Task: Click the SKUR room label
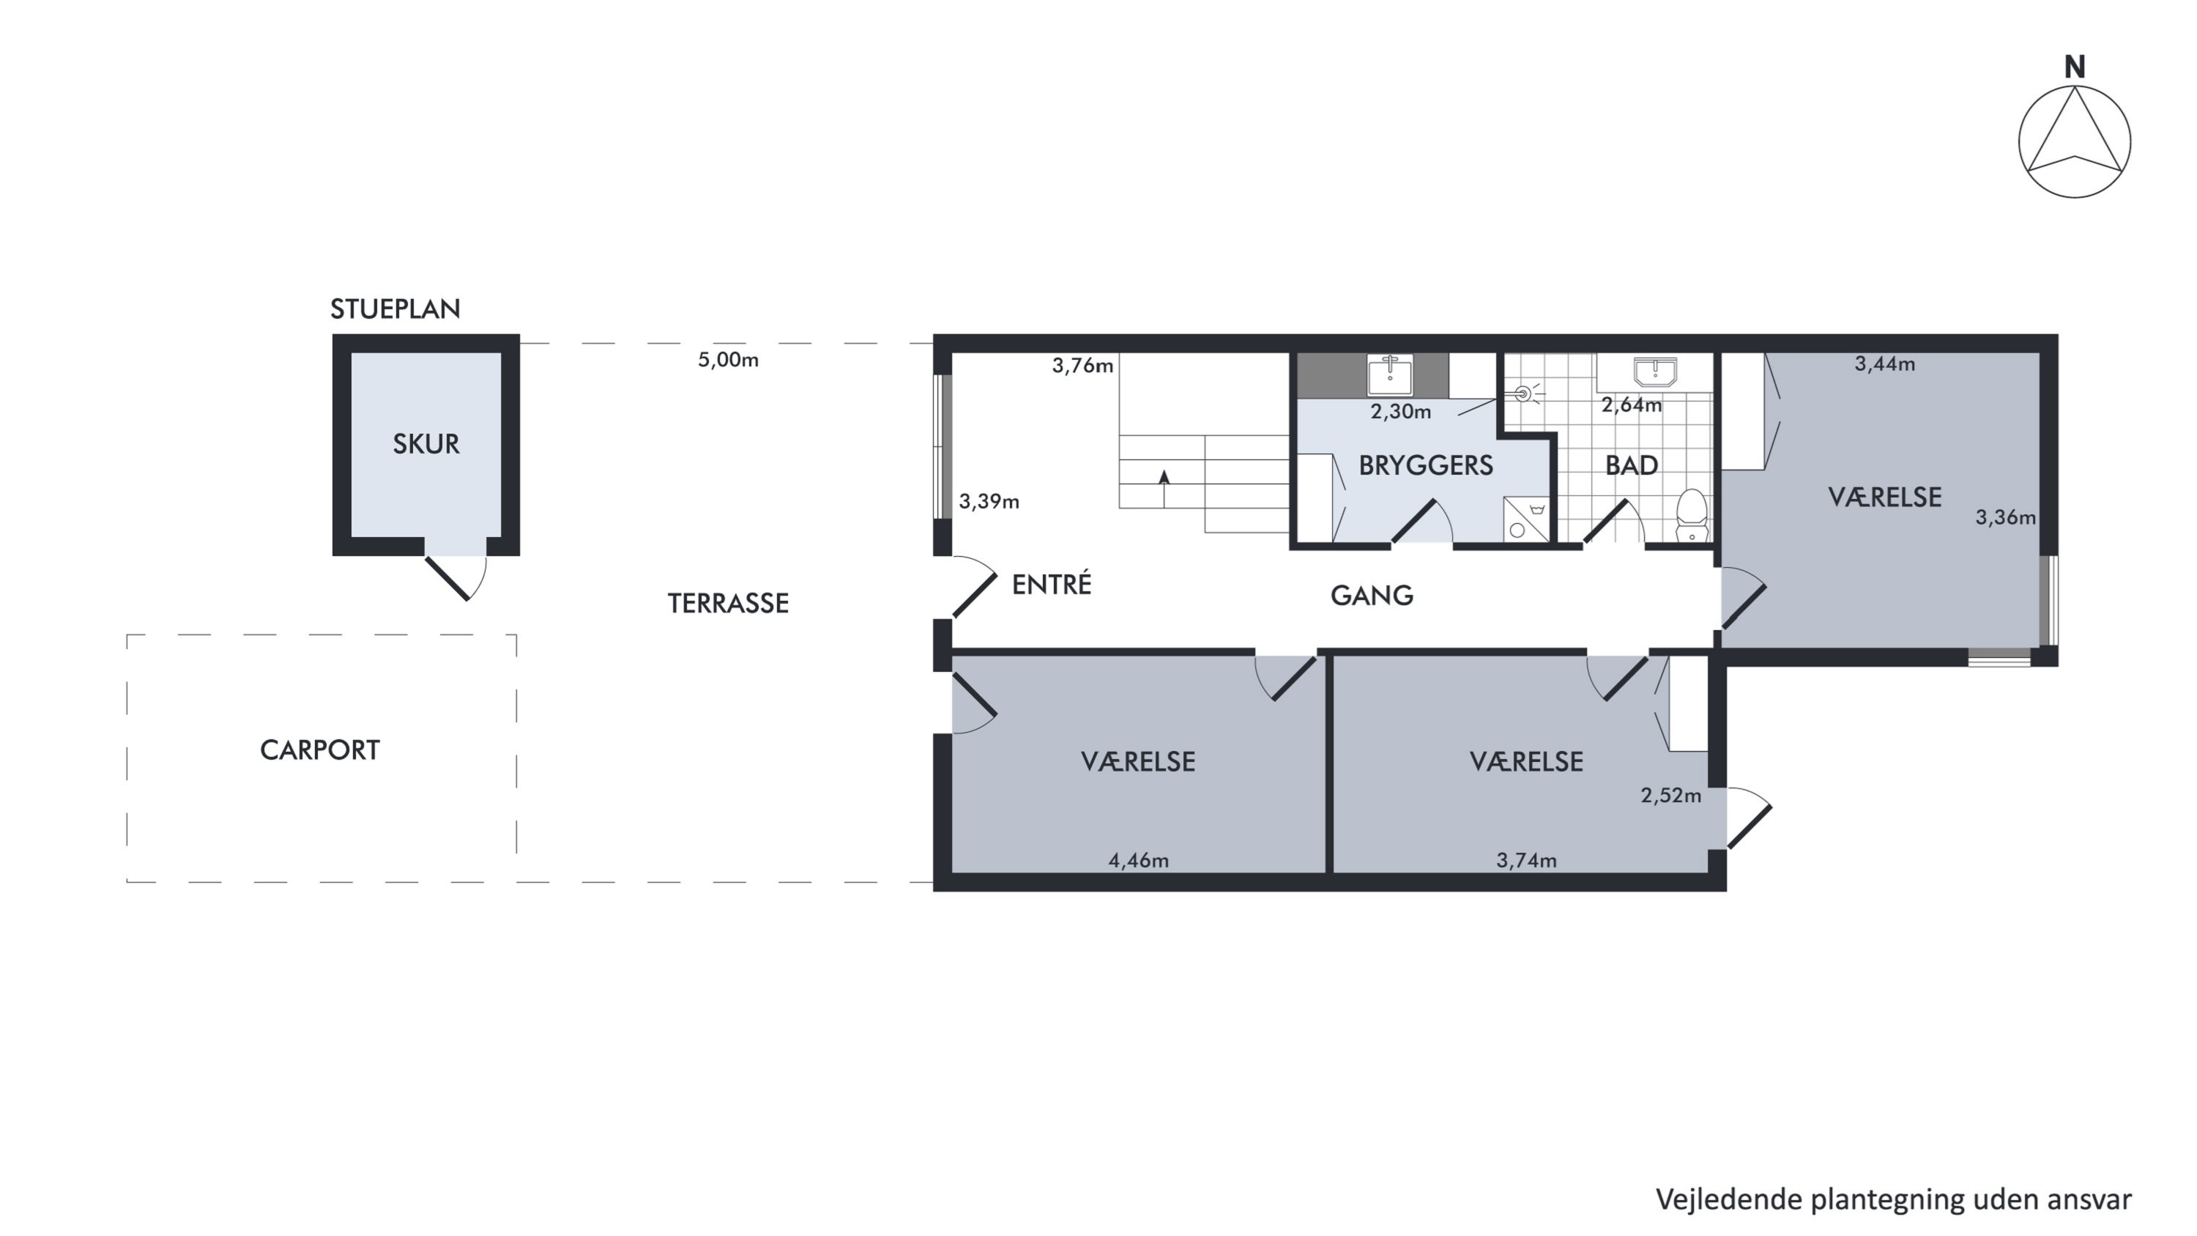[425, 443]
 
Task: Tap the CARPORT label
[320, 750]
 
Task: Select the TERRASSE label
[727, 603]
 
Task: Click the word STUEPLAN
[395, 308]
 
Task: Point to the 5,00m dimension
[727, 360]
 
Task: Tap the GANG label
[1372, 596]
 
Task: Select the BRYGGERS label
[1425, 465]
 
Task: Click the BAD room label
[1632, 465]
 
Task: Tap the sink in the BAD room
[1654, 372]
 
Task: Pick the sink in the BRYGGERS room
[1390, 375]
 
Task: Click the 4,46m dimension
[1139, 861]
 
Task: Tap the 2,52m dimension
[1670, 796]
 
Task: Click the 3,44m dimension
[1885, 364]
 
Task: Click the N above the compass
[2075, 67]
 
